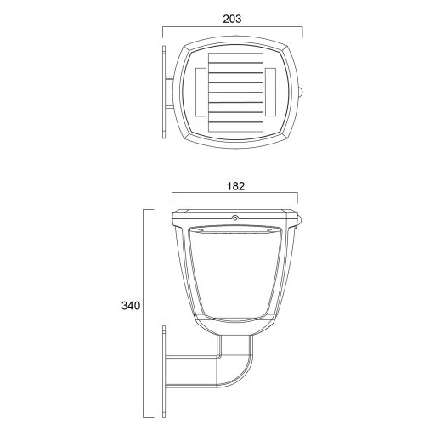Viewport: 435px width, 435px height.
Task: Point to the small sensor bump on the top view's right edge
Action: pyautogui.click(x=306, y=91)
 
